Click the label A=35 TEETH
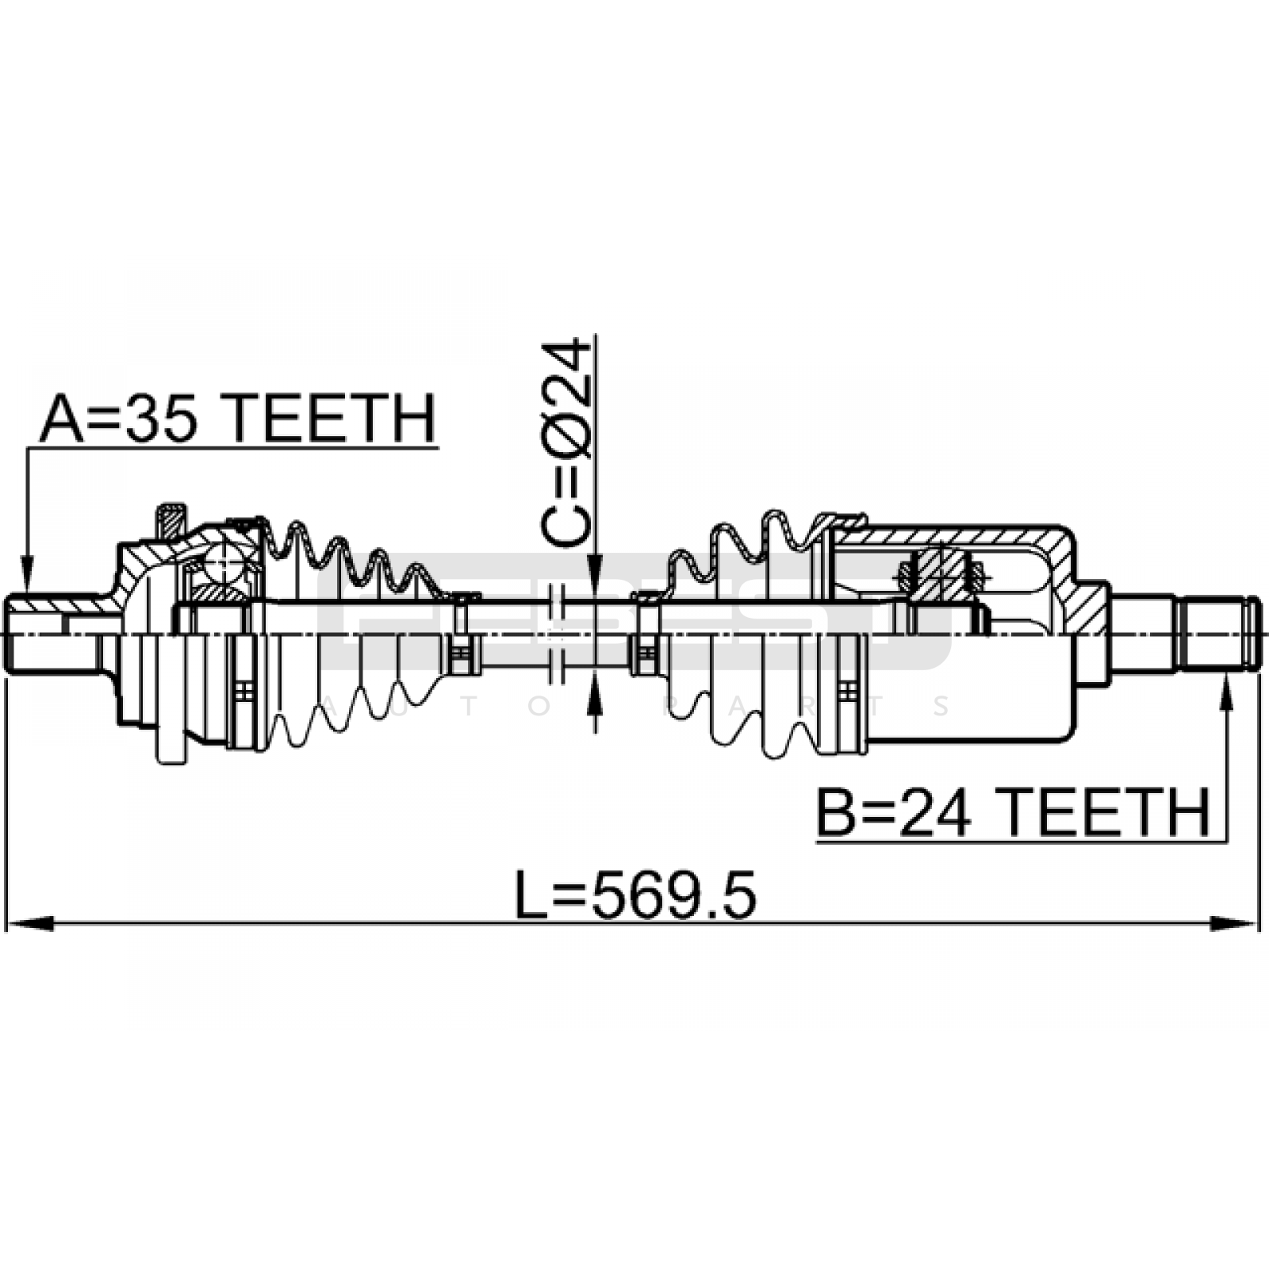coord(238,418)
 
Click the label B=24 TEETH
coord(1014,811)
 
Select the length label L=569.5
coord(636,895)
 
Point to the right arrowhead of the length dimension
coord(1234,923)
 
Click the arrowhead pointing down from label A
coord(27,574)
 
